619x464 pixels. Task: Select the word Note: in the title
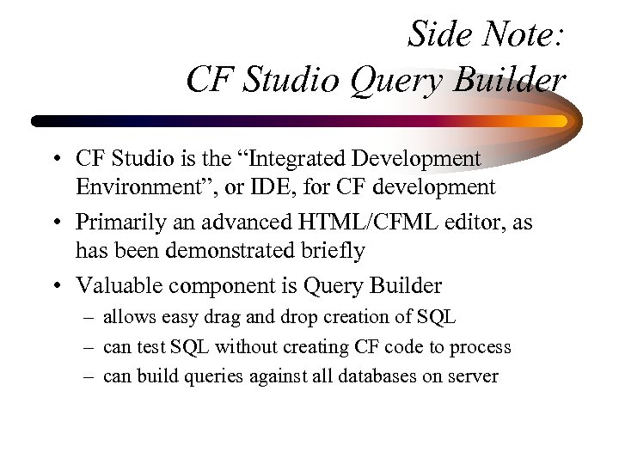[521, 35]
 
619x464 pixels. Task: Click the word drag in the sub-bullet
[214, 317]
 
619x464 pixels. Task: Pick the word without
[243, 347]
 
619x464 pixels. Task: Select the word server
[475, 376]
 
